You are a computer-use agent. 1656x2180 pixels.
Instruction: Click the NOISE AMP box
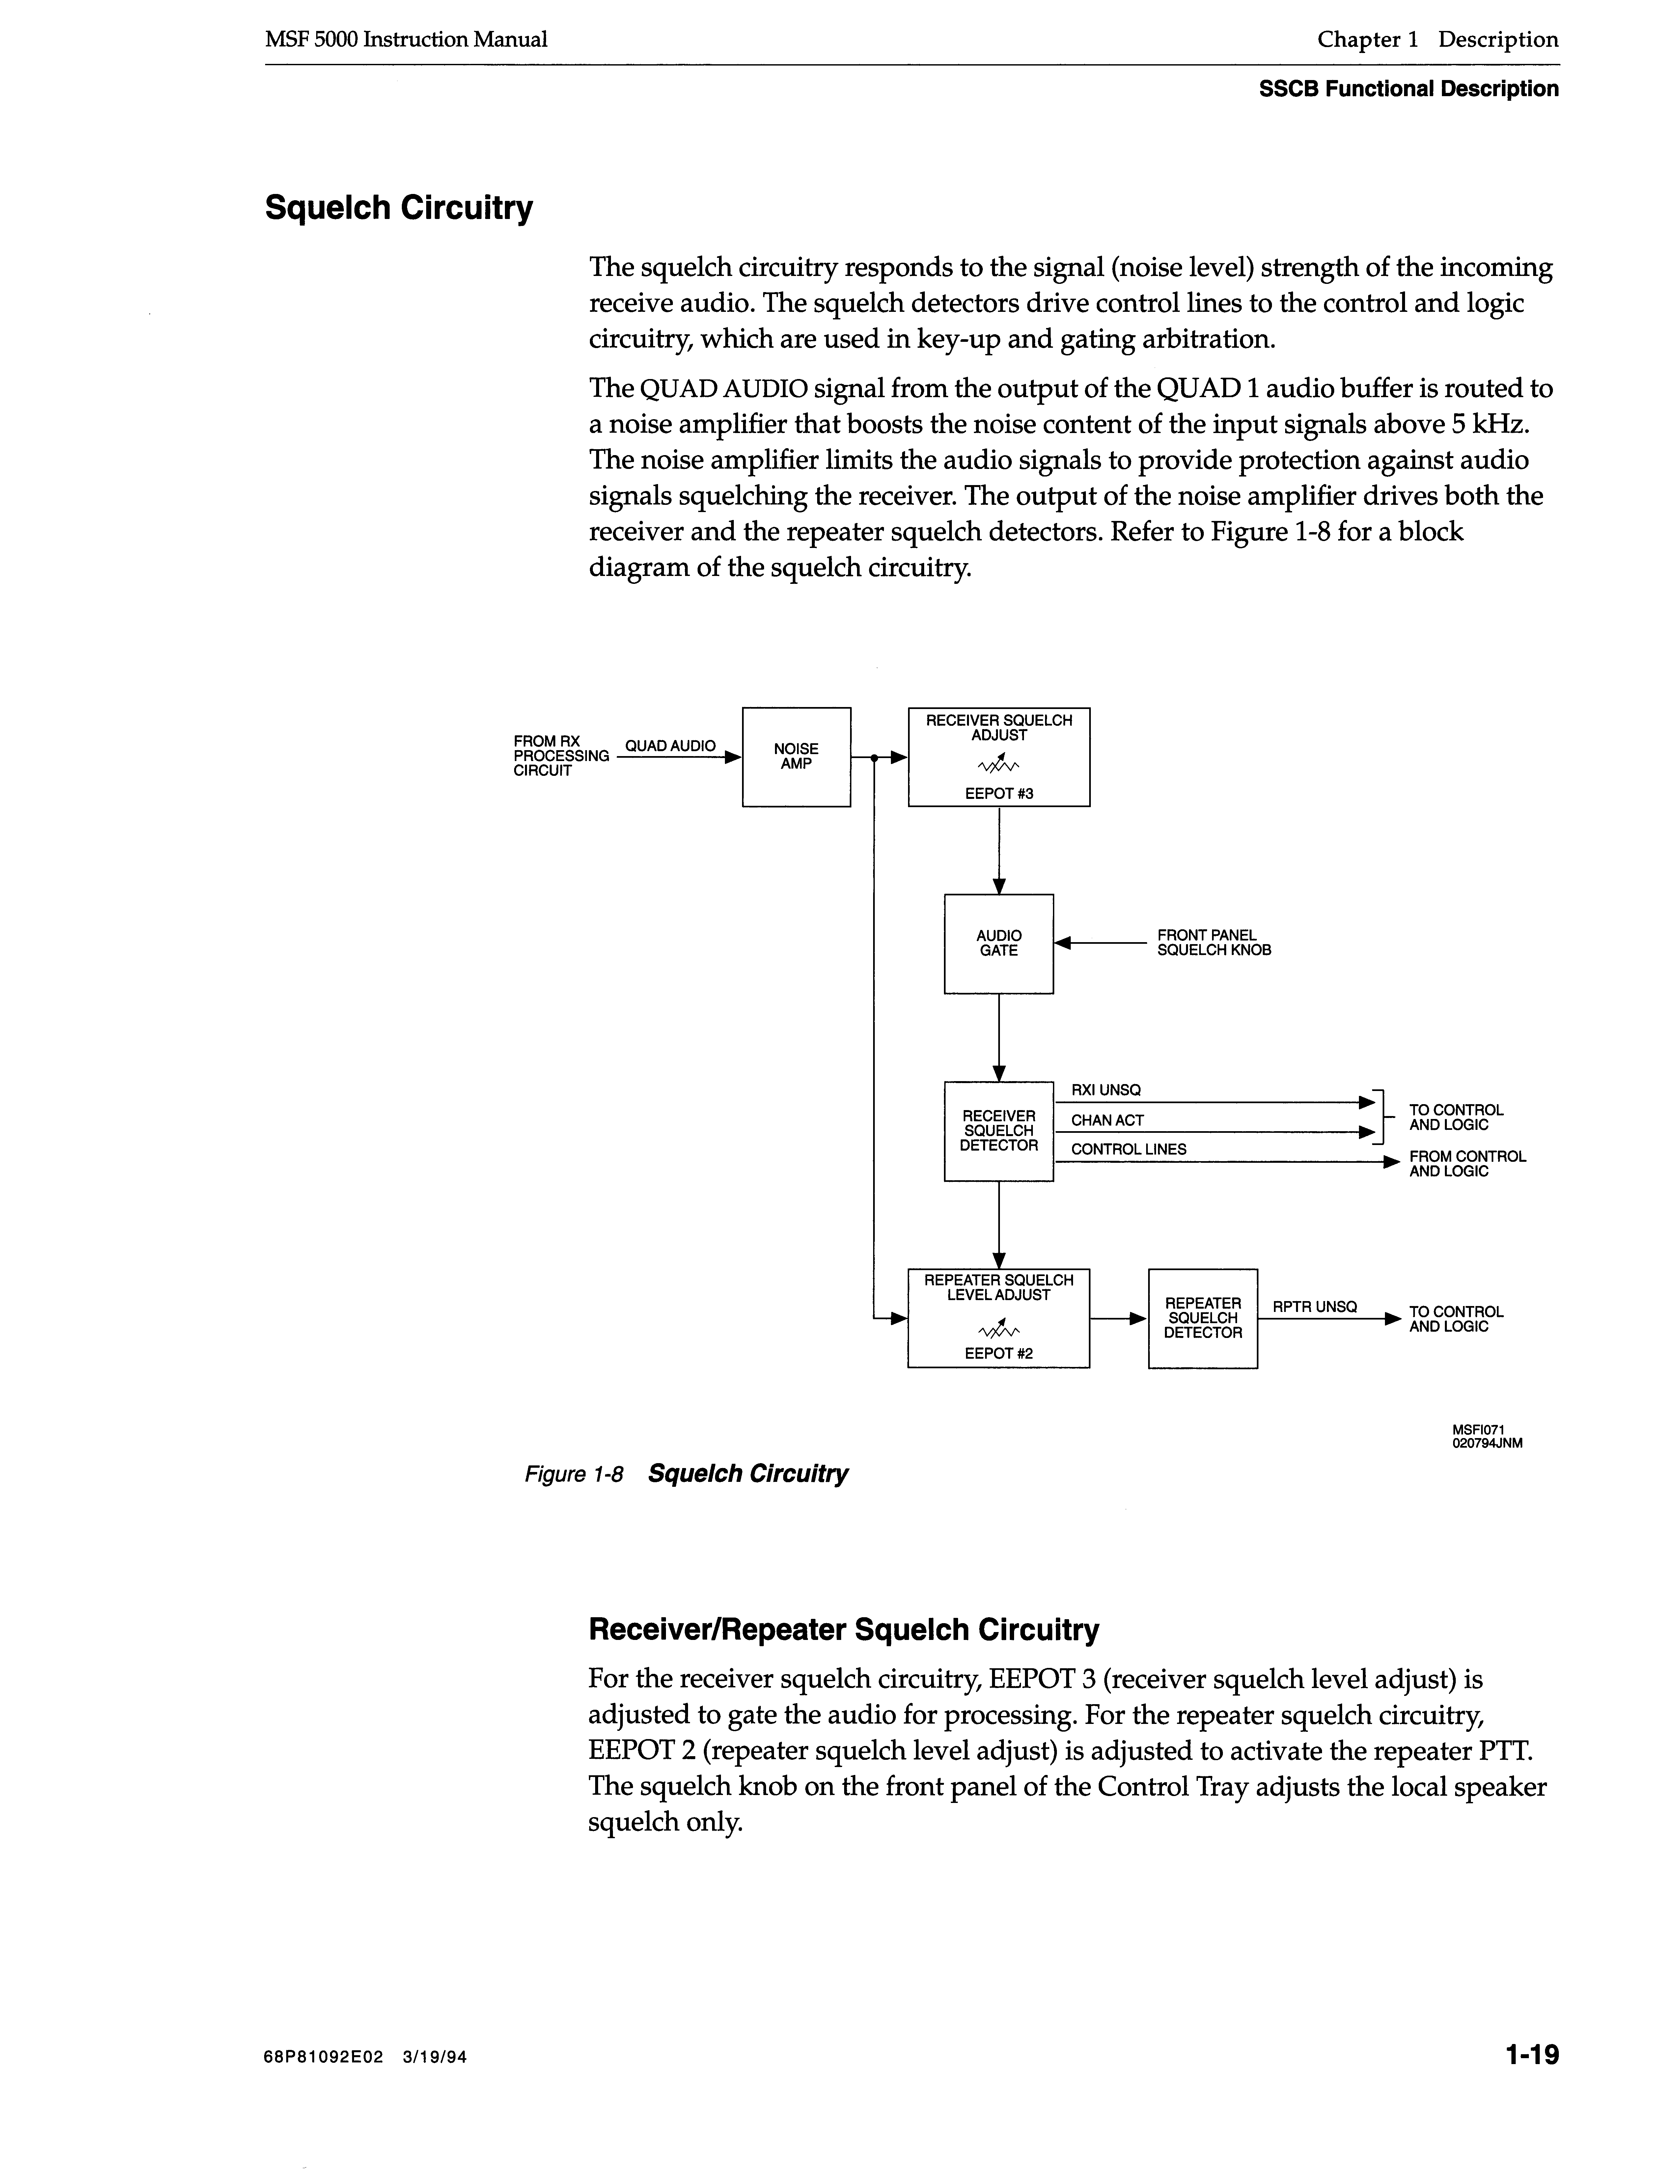coord(795,757)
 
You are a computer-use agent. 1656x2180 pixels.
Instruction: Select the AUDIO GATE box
coord(999,943)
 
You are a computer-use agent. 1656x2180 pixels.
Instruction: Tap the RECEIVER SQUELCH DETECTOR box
coord(999,1131)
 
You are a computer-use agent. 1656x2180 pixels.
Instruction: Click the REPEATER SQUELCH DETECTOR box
coord(1202,1318)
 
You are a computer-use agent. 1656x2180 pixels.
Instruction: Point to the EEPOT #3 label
coord(999,793)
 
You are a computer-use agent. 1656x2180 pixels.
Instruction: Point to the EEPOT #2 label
coord(999,1353)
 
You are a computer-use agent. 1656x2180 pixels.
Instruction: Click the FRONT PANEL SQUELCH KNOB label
coord(1213,943)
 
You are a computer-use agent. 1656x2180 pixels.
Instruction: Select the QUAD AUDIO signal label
coord(670,746)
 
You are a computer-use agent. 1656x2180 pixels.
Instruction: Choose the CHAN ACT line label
coord(1107,1121)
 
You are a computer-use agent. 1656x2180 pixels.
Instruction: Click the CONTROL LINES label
coord(1129,1149)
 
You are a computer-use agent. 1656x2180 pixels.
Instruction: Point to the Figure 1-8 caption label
coord(575,1474)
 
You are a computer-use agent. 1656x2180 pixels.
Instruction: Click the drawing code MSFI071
coord(1478,1430)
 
